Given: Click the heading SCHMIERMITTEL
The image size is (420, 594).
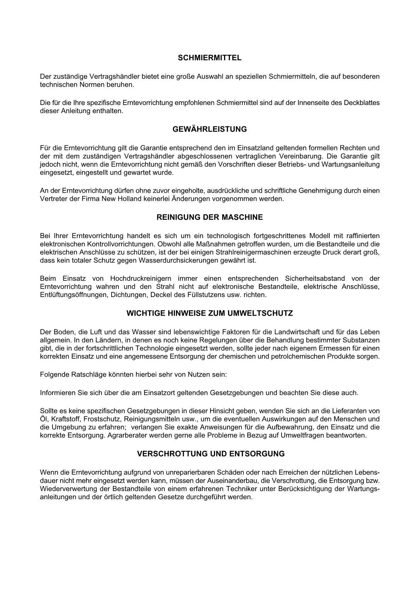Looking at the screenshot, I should (x=209, y=58).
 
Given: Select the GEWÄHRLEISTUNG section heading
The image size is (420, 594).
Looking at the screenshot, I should (x=209, y=129).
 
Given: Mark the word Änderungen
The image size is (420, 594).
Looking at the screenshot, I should (x=191, y=199).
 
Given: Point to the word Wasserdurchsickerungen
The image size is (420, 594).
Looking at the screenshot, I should (x=184, y=260).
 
